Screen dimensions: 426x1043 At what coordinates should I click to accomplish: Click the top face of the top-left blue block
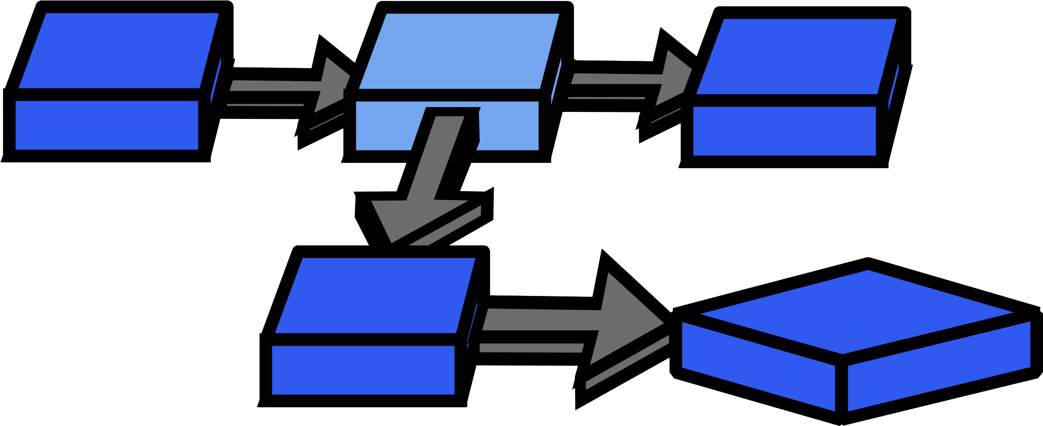point(119,51)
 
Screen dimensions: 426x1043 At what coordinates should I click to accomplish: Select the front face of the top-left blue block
point(107,125)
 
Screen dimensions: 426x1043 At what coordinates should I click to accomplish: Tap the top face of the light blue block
point(459,51)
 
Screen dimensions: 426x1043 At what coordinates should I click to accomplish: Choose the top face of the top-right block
point(796,57)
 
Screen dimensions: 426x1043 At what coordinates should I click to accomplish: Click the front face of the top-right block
point(784,131)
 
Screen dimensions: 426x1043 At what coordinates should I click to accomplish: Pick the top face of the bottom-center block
point(375,296)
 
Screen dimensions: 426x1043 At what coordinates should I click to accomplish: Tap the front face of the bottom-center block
point(363,370)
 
